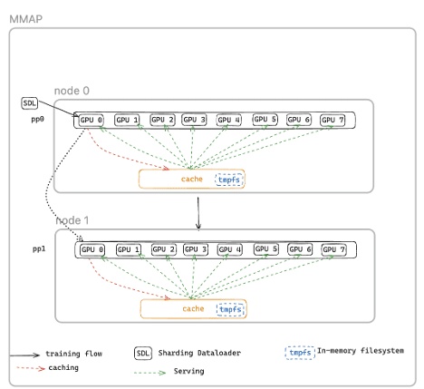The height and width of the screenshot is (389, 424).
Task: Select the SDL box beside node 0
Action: [29, 103]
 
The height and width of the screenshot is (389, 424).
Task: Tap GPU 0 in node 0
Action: [92, 120]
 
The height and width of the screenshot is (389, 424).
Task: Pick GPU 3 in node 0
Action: [195, 120]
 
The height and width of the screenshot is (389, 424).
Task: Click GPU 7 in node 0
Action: [333, 120]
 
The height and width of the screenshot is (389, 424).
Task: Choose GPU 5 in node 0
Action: [265, 120]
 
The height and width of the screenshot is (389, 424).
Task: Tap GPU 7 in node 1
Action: [334, 249]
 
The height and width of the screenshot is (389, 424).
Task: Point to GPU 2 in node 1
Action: [162, 249]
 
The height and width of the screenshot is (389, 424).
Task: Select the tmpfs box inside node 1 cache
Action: [231, 309]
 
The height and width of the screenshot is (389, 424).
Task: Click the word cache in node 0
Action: [192, 180]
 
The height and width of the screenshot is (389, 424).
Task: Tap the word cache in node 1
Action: [193, 309]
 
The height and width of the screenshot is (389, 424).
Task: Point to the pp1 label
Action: [38, 248]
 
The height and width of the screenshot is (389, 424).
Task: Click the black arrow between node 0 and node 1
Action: [198, 215]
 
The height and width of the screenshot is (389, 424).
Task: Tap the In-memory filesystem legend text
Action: [360, 350]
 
